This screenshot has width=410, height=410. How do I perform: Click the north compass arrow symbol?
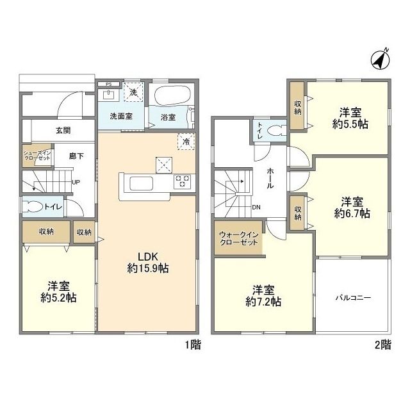[x=381, y=61]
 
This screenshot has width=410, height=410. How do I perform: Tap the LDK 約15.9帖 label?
[x=148, y=263]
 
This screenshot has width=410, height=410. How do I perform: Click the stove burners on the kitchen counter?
[x=182, y=181]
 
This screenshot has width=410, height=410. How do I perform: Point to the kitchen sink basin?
[x=141, y=184]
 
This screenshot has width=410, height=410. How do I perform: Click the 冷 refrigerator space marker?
[x=186, y=142]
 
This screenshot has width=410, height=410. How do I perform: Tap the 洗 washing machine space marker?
[x=133, y=92]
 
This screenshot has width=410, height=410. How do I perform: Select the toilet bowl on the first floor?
[x=33, y=207]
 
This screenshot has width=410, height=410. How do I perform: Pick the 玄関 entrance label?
[x=63, y=130]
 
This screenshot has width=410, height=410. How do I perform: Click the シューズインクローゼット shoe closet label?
[x=37, y=156]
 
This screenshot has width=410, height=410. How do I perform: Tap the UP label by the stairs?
[x=76, y=182]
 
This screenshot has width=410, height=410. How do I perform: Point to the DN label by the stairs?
[x=256, y=208]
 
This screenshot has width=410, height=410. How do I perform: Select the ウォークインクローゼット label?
[x=239, y=238]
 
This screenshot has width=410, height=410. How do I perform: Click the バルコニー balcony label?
[x=353, y=297]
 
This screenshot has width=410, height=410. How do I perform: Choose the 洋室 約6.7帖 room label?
[x=352, y=208]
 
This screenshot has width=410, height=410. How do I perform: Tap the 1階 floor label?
[x=193, y=345]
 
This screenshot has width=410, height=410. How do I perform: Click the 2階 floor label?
[x=383, y=345]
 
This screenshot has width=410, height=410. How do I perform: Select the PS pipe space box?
[x=108, y=84]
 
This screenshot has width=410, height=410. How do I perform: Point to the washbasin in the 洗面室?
[x=108, y=95]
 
